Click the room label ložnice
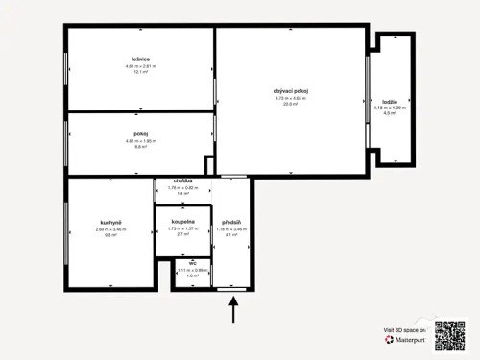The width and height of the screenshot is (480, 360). pos(139,59)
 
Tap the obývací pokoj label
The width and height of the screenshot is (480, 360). pos(291,91)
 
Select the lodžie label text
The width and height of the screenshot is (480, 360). pos(390,101)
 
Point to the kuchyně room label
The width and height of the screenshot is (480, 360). pos(108,222)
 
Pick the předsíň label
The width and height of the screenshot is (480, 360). pos(230,221)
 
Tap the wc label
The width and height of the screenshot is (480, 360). pos(192,262)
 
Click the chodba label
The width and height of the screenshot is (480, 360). pos(183,180)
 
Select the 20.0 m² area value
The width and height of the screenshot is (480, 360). pos(291,104)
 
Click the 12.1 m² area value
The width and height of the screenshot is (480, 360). pos(139,72)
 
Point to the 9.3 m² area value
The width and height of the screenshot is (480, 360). pos(109,235)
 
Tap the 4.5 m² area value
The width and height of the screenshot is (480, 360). pos(390,114)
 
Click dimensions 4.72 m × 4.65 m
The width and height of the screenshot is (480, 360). pos(291,98)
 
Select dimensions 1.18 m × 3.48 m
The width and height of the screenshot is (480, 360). pos(230,228)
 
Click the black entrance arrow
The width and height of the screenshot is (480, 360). pos(233,310)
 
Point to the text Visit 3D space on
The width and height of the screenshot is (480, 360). pos(404,329)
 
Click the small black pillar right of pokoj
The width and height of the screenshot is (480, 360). pos(210,165)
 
